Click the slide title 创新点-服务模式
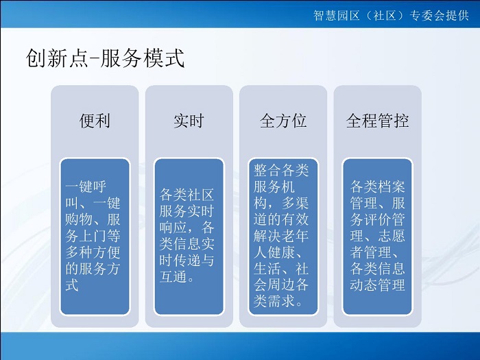pos(105,58)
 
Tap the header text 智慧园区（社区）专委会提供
pos(391,15)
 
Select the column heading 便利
pos(95,121)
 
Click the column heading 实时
pos(189,121)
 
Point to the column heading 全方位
pos(283,121)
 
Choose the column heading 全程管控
pos(377,121)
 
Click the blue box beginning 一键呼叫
pos(95,237)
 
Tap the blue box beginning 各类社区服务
pos(189,237)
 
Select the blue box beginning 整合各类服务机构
pos(283,237)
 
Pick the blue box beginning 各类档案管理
pos(377,237)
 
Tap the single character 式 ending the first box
pos(72,285)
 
